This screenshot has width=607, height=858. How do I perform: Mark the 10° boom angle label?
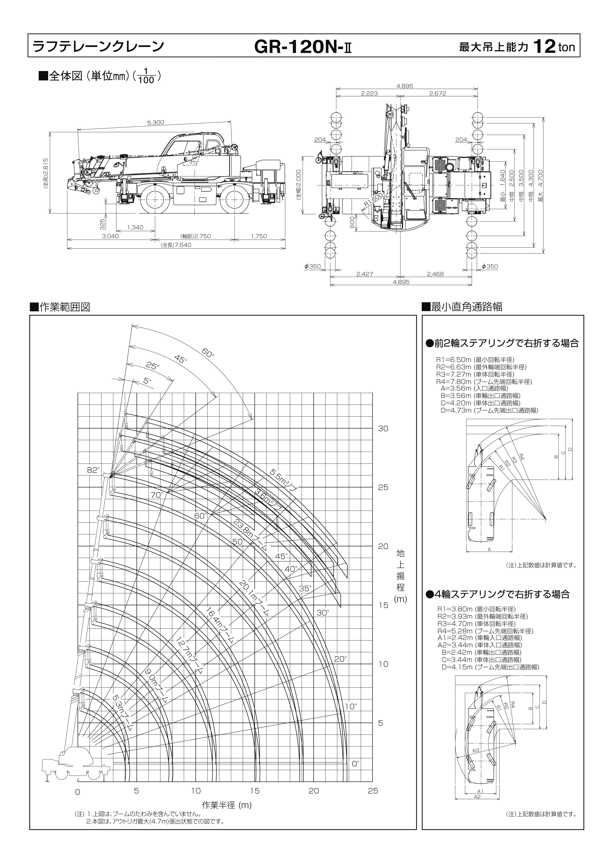350,706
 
